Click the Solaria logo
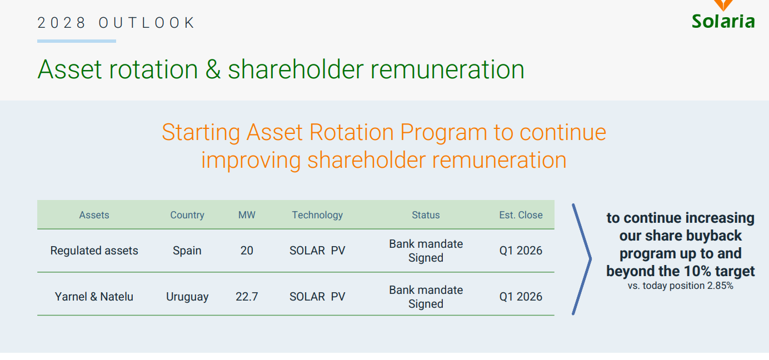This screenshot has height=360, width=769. [x=723, y=16]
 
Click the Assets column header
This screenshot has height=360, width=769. [x=94, y=215]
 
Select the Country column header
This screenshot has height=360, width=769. [x=187, y=215]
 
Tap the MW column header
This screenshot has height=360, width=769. [x=247, y=215]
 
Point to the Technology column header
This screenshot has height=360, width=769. [x=317, y=215]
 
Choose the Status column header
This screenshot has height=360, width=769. [x=426, y=215]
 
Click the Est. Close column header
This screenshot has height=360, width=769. [x=521, y=215]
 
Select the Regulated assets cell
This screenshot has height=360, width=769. [x=94, y=251]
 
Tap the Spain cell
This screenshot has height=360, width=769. [x=187, y=251]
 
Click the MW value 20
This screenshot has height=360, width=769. [x=247, y=251]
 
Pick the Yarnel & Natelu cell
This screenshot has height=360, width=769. [x=94, y=297]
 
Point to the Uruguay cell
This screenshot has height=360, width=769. [x=187, y=297]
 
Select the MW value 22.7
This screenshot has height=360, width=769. [x=247, y=297]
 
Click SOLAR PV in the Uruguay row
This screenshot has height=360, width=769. [x=317, y=297]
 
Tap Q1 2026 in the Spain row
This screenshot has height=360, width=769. [x=521, y=251]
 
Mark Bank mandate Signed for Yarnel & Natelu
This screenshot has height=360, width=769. [x=426, y=297]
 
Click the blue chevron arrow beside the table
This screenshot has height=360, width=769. [x=591, y=259]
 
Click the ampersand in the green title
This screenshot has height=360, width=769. [x=213, y=69]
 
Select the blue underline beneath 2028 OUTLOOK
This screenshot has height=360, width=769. [x=77, y=41]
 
